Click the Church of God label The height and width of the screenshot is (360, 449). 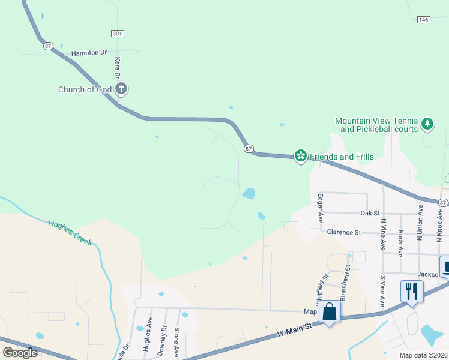(x=85, y=90)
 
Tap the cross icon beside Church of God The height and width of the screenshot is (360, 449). (x=121, y=90)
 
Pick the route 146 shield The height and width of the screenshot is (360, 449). (x=424, y=20)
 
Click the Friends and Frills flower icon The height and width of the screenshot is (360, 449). (x=300, y=157)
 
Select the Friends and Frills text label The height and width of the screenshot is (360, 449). (x=342, y=157)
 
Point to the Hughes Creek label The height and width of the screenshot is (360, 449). (x=70, y=232)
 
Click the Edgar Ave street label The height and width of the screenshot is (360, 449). (x=321, y=207)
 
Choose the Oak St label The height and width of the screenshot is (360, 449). (x=370, y=213)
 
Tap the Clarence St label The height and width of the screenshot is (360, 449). (x=343, y=232)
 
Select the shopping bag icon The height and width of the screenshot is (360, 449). (x=330, y=312)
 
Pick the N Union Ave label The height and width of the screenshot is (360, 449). (x=420, y=219)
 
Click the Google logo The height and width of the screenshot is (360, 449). (x=20, y=353)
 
